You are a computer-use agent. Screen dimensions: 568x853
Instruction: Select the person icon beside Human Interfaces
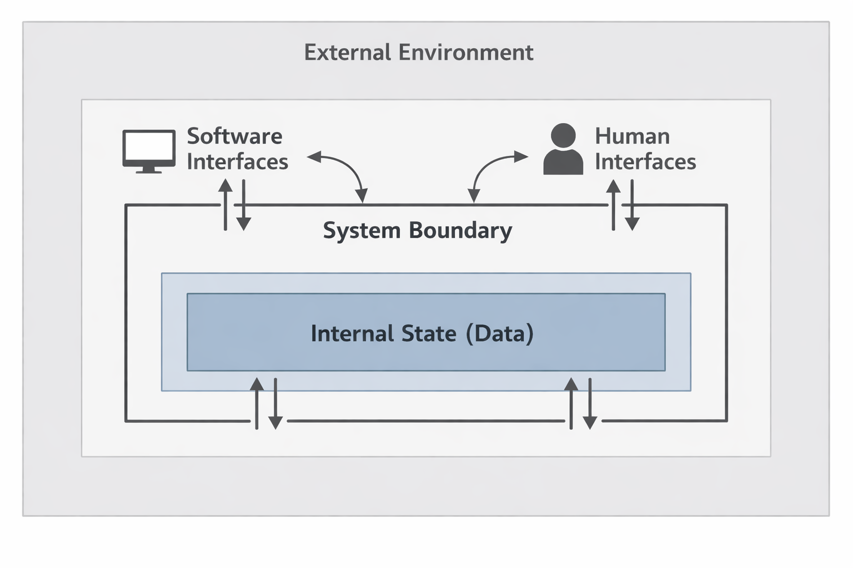tap(563, 150)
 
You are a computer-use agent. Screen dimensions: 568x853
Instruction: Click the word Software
tap(234, 136)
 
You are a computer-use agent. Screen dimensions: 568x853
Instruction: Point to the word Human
tap(632, 136)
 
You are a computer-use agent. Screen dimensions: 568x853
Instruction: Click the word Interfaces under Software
tap(237, 162)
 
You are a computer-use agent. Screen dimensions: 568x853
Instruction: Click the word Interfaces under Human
tap(645, 162)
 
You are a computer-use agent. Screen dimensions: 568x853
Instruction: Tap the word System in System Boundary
tap(362, 230)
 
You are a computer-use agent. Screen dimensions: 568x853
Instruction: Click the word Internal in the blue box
tap(352, 333)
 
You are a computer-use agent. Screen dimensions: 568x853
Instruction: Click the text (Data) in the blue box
tap(500, 333)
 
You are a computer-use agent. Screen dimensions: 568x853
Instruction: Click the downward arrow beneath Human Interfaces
tap(632, 205)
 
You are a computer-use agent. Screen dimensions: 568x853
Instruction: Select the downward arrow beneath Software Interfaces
tap(243, 205)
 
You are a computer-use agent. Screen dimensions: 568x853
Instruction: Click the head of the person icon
tap(563, 135)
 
